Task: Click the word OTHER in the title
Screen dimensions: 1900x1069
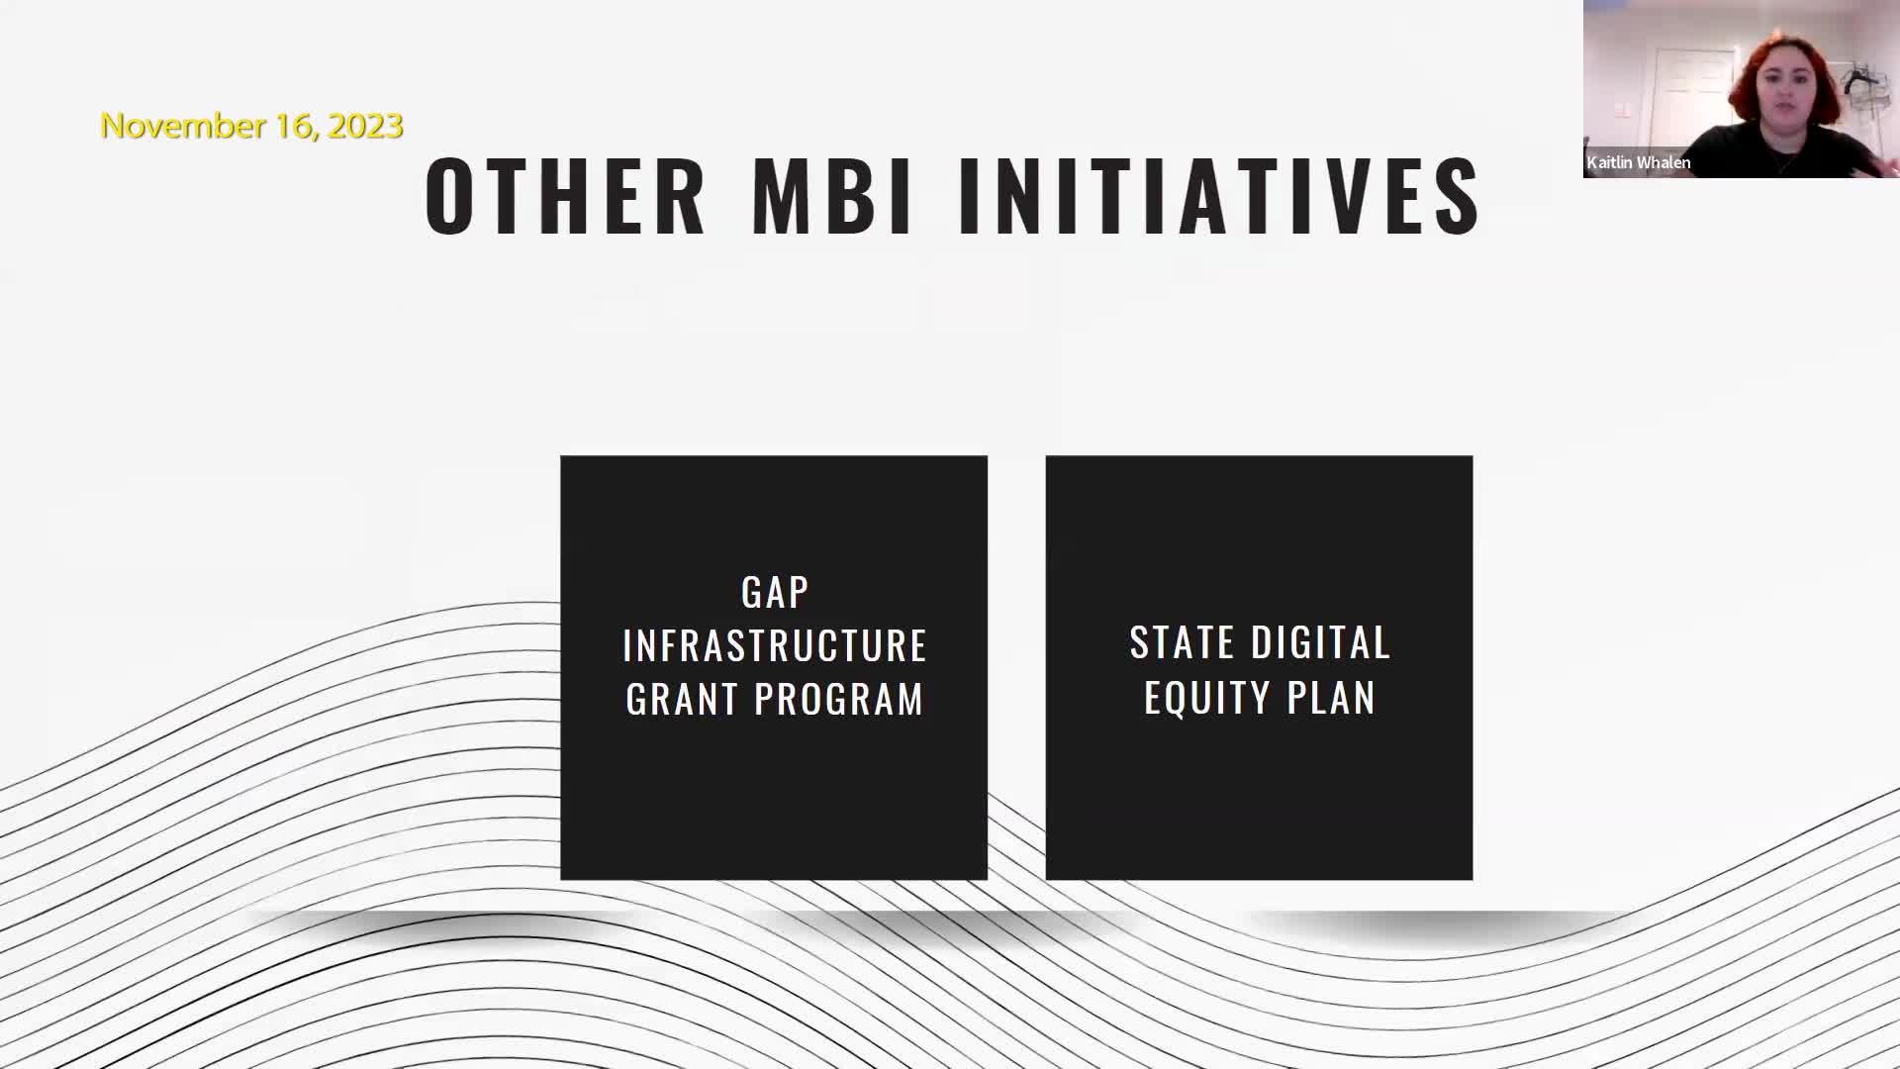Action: click(x=565, y=196)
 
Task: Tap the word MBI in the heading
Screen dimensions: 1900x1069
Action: click(x=831, y=196)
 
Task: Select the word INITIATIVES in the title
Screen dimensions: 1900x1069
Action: click(x=1219, y=196)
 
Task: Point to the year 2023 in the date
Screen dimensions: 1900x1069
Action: click(x=365, y=126)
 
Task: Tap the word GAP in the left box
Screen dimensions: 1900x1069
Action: click(x=775, y=593)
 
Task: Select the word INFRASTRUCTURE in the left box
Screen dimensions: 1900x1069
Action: click(x=775, y=646)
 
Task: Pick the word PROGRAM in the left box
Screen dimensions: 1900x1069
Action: click(x=839, y=700)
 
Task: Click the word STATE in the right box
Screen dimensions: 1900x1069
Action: click(x=1182, y=643)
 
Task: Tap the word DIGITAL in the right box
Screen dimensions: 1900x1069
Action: click(x=1321, y=643)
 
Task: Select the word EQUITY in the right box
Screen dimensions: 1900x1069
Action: click(x=1206, y=698)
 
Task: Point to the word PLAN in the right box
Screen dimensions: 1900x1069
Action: click(x=1331, y=698)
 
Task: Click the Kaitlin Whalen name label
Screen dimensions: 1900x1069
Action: click(x=1639, y=162)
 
